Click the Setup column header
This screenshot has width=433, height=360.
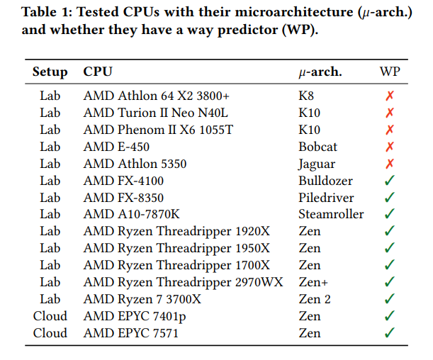tap(50, 72)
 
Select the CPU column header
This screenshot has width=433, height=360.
tap(98, 72)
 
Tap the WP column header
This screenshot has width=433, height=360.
tap(390, 72)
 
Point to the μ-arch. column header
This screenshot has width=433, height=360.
tap(320, 72)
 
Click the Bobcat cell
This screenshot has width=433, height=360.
tap(317, 146)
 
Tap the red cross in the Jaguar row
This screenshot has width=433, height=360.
tap(390, 163)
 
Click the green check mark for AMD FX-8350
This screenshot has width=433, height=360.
tap(390, 197)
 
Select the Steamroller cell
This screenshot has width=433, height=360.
tap(331, 214)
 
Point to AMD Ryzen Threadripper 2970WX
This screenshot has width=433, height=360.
tap(184, 282)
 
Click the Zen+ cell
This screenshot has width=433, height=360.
tap(314, 282)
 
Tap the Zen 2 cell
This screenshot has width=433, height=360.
tap(315, 299)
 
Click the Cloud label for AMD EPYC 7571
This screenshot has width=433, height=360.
tap(50, 333)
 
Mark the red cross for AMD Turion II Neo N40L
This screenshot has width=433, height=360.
tap(390, 112)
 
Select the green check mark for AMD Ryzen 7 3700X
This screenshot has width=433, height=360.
tap(390, 299)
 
